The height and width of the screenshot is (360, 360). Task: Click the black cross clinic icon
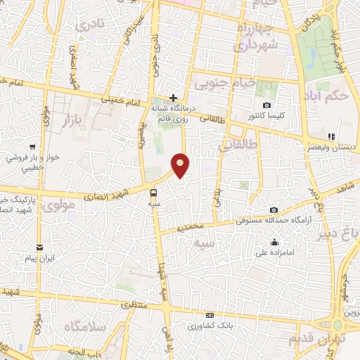pyautogui.click(x=173, y=97)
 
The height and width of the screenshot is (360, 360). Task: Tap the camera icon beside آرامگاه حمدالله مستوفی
pyautogui.click(x=274, y=210)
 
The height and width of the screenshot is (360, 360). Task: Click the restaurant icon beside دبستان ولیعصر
pyautogui.click(x=330, y=136)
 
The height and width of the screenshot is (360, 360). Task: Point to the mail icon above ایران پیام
pyautogui.click(x=40, y=247)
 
